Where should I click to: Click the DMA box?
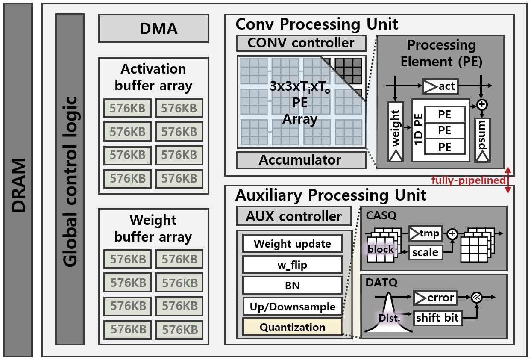(153, 29)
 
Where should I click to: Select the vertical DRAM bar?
(18, 180)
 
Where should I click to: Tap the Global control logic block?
(70, 179)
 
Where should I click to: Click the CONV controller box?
(301, 43)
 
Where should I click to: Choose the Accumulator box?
(301, 160)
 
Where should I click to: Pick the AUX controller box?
(293, 216)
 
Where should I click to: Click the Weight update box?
(292, 244)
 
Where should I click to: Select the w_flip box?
(292, 265)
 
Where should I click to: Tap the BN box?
(292, 286)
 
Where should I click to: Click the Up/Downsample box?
(292, 307)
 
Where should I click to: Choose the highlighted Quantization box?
(292, 327)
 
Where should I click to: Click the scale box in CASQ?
(425, 252)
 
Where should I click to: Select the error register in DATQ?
(434, 297)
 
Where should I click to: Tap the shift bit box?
(438, 318)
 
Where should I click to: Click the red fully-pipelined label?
(468, 180)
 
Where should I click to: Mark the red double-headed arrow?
(508, 180)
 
